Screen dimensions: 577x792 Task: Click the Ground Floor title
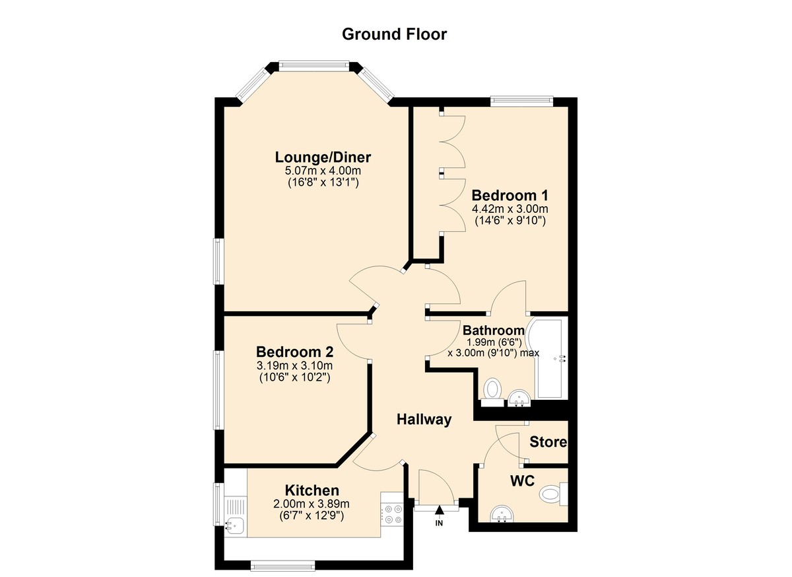tap(394, 34)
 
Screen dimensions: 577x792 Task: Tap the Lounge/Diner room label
tap(323, 157)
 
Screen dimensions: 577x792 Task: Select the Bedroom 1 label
tap(510, 196)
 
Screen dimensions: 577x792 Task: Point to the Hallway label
tap(424, 419)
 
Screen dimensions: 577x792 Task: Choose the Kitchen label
tap(312, 490)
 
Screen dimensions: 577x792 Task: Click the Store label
tap(548, 442)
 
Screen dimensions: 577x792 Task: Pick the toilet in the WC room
tap(552, 494)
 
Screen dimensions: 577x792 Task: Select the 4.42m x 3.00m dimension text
tap(510, 209)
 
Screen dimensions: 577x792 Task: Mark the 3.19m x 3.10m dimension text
tap(294, 365)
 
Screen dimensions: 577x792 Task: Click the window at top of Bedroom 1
tap(521, 101)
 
